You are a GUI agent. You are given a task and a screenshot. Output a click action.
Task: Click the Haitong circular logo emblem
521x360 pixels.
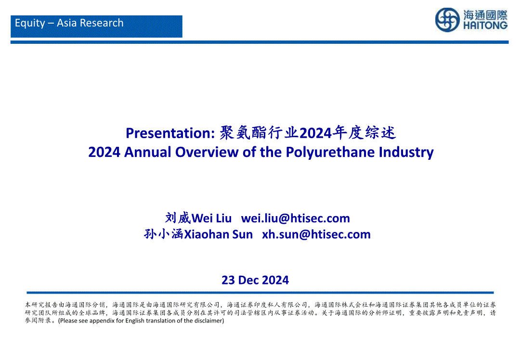447,20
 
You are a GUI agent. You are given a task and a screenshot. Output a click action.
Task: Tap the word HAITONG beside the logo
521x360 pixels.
485,26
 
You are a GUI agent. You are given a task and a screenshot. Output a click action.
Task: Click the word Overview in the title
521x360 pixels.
207,152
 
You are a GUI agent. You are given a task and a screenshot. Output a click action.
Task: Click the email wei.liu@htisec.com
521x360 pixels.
295,218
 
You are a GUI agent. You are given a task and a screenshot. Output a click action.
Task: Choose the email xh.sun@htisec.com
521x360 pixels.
316,234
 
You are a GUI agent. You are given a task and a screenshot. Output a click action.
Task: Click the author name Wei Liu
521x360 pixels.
212,218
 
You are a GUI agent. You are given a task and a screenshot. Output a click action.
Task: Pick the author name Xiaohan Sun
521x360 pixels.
218,234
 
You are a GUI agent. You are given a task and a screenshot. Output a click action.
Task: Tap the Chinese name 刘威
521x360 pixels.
178,218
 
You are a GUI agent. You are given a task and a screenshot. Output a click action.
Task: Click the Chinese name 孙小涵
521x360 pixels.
164,234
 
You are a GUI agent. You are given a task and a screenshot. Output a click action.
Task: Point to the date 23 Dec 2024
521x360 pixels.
255,280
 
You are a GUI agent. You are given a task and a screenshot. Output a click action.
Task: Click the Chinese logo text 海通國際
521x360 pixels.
485,15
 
